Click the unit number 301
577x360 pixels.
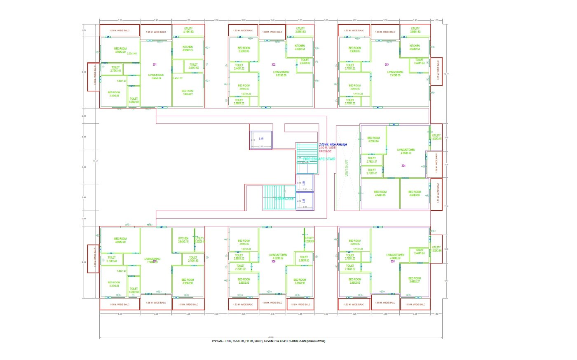click(155, 65)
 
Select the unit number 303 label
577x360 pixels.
click(387, 65)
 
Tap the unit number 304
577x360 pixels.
click(403, 166)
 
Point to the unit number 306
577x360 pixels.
click(273, 261)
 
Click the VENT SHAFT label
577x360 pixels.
click(347, 168)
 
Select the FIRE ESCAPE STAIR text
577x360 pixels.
click(319, 159)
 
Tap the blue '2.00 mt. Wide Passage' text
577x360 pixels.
click(333, 144)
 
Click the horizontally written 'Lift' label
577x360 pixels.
click(261, 139)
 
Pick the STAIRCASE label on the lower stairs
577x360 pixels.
click(285, 199)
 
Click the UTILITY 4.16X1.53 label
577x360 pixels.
click(188, 30)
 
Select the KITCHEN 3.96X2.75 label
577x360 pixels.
click(188, 49)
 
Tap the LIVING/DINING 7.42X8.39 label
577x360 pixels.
click(395, 74)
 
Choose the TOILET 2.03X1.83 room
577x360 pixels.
click(305, 61)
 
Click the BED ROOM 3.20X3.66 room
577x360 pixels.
click(373, 140)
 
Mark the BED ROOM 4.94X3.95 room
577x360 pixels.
click(380, 194)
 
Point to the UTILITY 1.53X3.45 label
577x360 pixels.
click(436, 137)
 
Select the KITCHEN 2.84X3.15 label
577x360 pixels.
click(183, 240)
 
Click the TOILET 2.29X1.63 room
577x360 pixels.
click(304, 259)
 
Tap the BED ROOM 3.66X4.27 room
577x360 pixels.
click(415, 280)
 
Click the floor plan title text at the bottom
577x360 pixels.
click(268, 341)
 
